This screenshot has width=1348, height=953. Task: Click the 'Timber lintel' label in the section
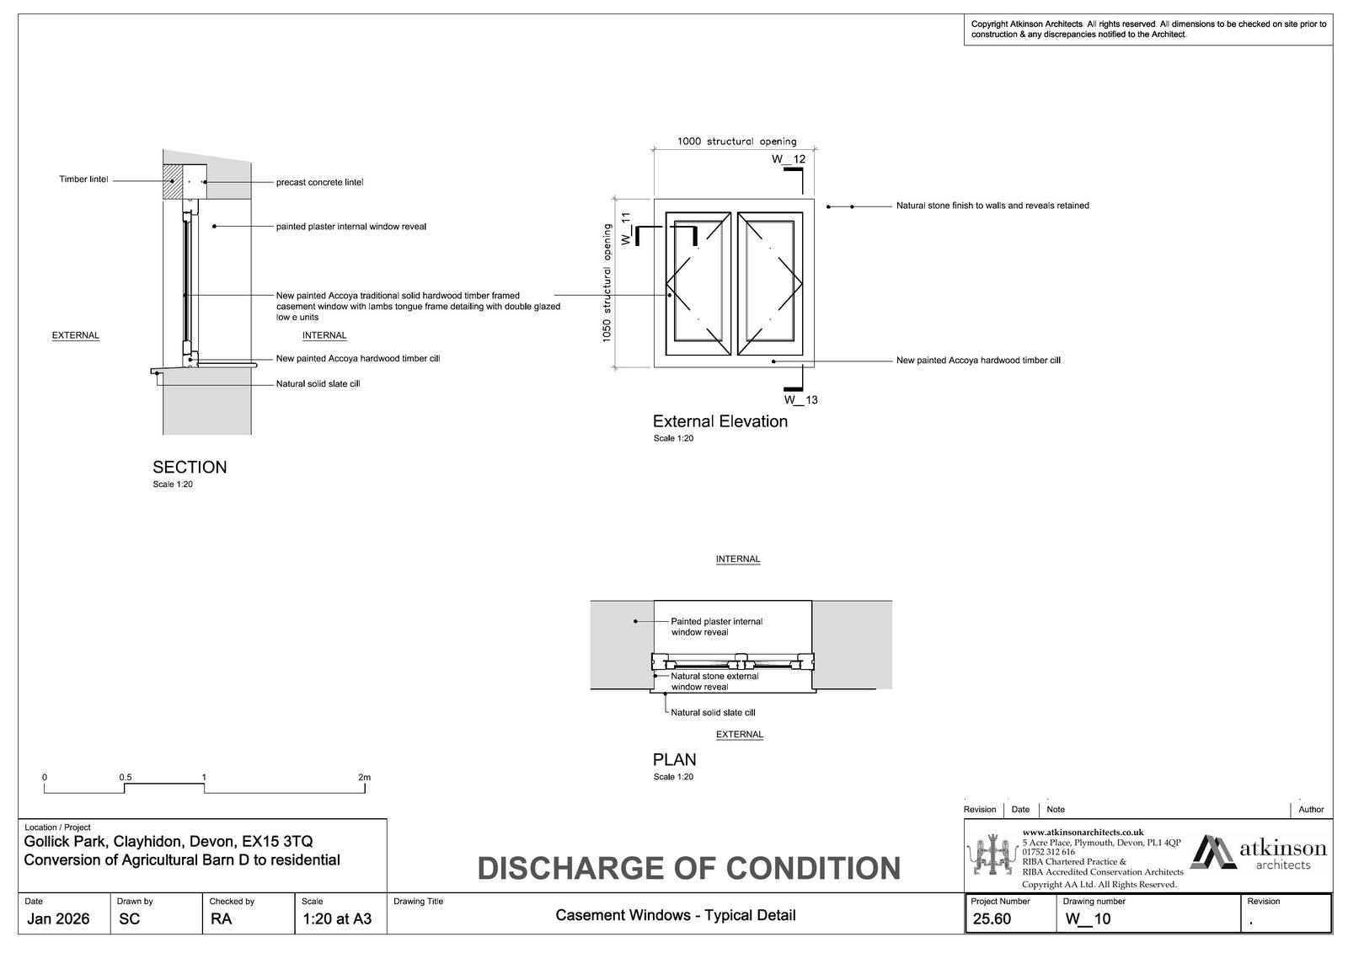point(83,179)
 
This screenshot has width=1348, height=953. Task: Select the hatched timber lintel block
point(172,180)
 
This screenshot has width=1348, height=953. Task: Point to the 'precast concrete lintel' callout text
point(319,183)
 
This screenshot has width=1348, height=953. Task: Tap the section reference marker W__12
point(789,159)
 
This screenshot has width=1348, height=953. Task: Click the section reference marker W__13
point(800,399)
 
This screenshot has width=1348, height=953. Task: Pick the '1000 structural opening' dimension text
point(736,142)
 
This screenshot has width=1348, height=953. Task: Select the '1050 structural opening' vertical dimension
point(607,283)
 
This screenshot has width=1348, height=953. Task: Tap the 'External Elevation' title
point(719,421)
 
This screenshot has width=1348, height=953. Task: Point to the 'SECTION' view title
point(190,467)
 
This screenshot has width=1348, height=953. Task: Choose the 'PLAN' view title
point(674,759)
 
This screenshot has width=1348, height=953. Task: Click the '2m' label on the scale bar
point(364,777)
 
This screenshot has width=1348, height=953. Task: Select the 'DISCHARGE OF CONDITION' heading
point(688,868)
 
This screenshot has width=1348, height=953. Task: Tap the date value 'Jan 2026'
point(58,918)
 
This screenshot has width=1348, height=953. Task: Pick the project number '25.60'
point(992,918)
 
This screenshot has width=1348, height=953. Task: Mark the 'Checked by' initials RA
point(221,918)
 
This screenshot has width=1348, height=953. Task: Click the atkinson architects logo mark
point(1213,853)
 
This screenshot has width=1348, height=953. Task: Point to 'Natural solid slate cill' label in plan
point(713,712)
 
